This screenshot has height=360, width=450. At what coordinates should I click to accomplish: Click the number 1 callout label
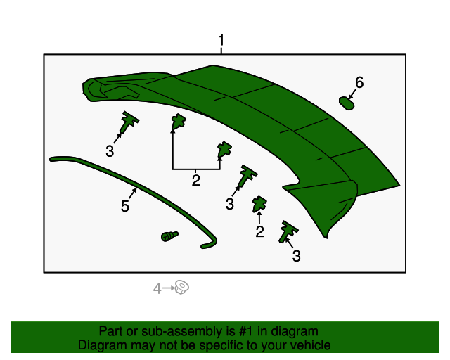221,40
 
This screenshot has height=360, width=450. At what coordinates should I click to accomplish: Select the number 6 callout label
359,83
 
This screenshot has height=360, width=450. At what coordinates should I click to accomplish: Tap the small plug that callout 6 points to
347,103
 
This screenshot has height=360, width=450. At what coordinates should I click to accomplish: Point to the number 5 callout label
125,206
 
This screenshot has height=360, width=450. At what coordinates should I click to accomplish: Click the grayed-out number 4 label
157,288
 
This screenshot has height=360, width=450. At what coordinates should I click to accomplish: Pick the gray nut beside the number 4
181,287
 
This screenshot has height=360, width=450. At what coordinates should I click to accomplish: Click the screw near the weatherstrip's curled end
169,236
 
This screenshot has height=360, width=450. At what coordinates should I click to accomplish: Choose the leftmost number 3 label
110,150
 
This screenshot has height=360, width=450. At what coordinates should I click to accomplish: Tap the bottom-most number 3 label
296,257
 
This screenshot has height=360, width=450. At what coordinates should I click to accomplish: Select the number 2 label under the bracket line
196,181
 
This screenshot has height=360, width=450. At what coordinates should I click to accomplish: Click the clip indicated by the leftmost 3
128,122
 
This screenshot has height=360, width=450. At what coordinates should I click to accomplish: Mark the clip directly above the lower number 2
259,204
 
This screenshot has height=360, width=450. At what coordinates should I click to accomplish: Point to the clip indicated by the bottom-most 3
288,231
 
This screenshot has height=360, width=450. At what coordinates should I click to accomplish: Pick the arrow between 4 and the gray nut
169,288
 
